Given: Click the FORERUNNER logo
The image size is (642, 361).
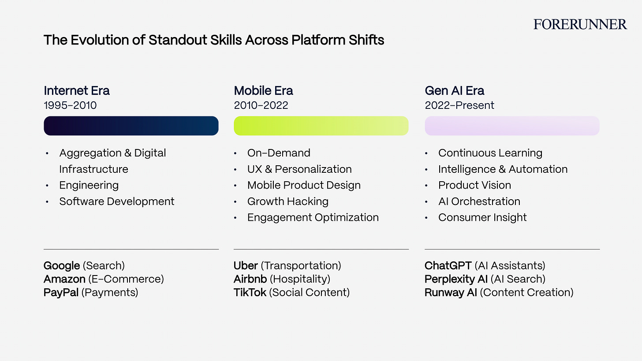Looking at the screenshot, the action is click(580, 24).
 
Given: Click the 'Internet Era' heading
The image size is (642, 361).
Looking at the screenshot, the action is click(77, 90).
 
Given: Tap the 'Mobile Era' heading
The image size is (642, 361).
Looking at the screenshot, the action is click(263, 90).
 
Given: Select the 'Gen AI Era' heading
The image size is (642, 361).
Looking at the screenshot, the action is click(454, 90).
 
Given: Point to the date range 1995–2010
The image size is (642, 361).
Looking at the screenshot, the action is click(70, 105).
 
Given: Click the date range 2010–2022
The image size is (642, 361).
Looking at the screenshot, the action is click(261, 105).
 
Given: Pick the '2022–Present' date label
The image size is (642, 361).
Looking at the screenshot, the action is click(459, 105).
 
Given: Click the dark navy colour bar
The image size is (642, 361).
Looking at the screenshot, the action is click(131, 126).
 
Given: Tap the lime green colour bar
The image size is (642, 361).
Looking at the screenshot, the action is click(321, 126).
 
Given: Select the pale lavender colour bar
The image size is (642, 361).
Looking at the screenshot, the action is click(512, 126).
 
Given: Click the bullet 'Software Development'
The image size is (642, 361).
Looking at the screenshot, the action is click(117, 201).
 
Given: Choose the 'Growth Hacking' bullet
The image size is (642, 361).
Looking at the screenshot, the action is click(288, 201).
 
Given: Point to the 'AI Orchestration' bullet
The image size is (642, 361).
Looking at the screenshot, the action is click(479, 201).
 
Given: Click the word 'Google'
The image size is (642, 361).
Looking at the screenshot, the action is click(62, 266).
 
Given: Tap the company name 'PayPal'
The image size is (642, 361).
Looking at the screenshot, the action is click(61, 293).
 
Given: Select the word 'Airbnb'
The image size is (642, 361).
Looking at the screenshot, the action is click(250, 279).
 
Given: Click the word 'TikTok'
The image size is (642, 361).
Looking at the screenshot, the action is click(250, 293).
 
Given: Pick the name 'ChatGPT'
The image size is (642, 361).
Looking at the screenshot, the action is click(448, 266).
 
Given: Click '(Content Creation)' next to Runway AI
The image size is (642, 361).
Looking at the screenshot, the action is click(526, 293).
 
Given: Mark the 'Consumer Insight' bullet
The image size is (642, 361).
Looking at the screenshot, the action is click(482, 217).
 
